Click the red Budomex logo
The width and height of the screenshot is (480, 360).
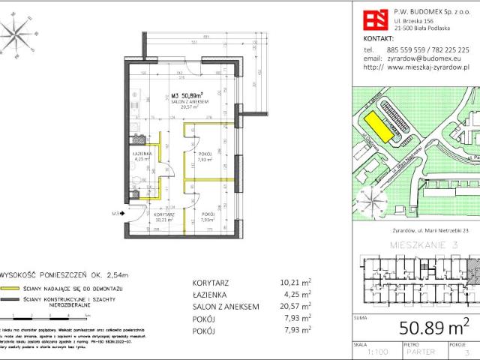pyautogui.click(x=373, y=17)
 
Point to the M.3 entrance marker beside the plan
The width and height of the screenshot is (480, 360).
pyautogui.click(x=115, y=214)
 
